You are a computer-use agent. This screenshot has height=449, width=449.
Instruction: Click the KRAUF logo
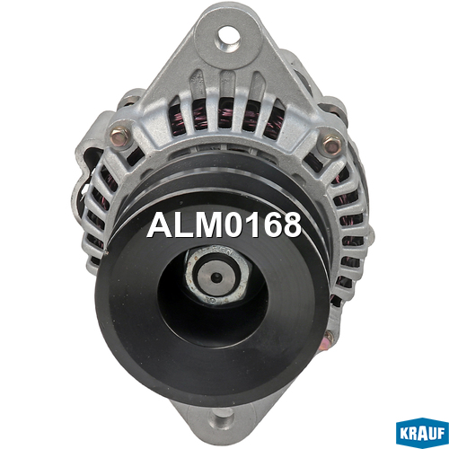422,432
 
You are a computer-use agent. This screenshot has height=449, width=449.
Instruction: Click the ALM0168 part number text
224,224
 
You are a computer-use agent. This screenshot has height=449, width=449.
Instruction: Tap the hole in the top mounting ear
228,38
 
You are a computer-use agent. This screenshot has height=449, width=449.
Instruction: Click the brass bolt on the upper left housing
119,136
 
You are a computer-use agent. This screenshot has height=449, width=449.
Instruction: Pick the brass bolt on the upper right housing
332,145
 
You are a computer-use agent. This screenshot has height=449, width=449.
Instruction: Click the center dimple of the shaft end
216,277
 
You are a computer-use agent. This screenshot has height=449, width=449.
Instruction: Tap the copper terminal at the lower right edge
328,341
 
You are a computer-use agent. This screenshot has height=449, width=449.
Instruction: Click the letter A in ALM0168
159,225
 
